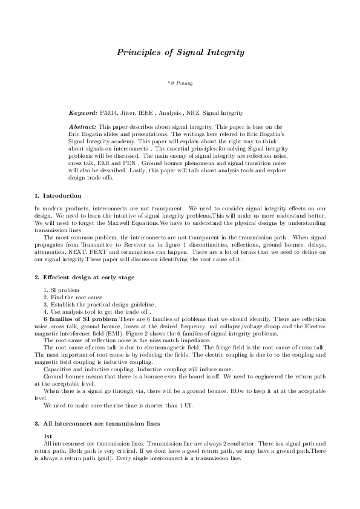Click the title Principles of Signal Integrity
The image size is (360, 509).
(180, 53)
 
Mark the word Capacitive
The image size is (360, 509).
(57, 368)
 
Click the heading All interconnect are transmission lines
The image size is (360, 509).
(101, 424)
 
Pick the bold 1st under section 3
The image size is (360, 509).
(47, 436)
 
